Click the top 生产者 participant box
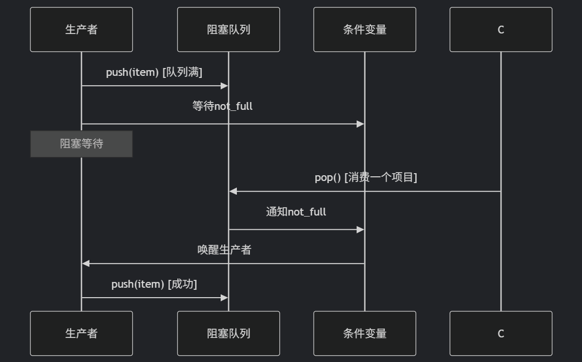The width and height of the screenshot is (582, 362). (81, 29)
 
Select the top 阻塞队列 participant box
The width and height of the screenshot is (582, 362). (228, 29)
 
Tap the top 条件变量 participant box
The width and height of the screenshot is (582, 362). (364, 29)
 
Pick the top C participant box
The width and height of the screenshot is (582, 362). (500, 29)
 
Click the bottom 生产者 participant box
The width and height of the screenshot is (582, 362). (81, 333)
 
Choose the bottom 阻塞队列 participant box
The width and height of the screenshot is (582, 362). (228, 333)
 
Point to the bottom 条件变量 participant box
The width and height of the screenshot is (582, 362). (364, 333)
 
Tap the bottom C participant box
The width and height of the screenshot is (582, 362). (500, 333)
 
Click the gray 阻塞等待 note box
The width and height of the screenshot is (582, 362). (81, 144)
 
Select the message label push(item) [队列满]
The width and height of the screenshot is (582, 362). (154, 72)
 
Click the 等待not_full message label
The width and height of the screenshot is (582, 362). (222, 106)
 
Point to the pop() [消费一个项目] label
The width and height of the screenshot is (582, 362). (366, 177)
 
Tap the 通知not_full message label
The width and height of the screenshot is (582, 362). (296, 212)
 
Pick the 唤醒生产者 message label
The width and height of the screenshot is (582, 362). (224, 250)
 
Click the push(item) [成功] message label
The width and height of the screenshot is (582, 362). (154, 284)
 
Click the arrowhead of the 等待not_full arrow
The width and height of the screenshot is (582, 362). (360, 124)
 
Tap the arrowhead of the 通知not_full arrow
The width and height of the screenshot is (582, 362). (360, 230)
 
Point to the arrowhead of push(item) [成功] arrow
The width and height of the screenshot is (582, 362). (224, 298)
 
